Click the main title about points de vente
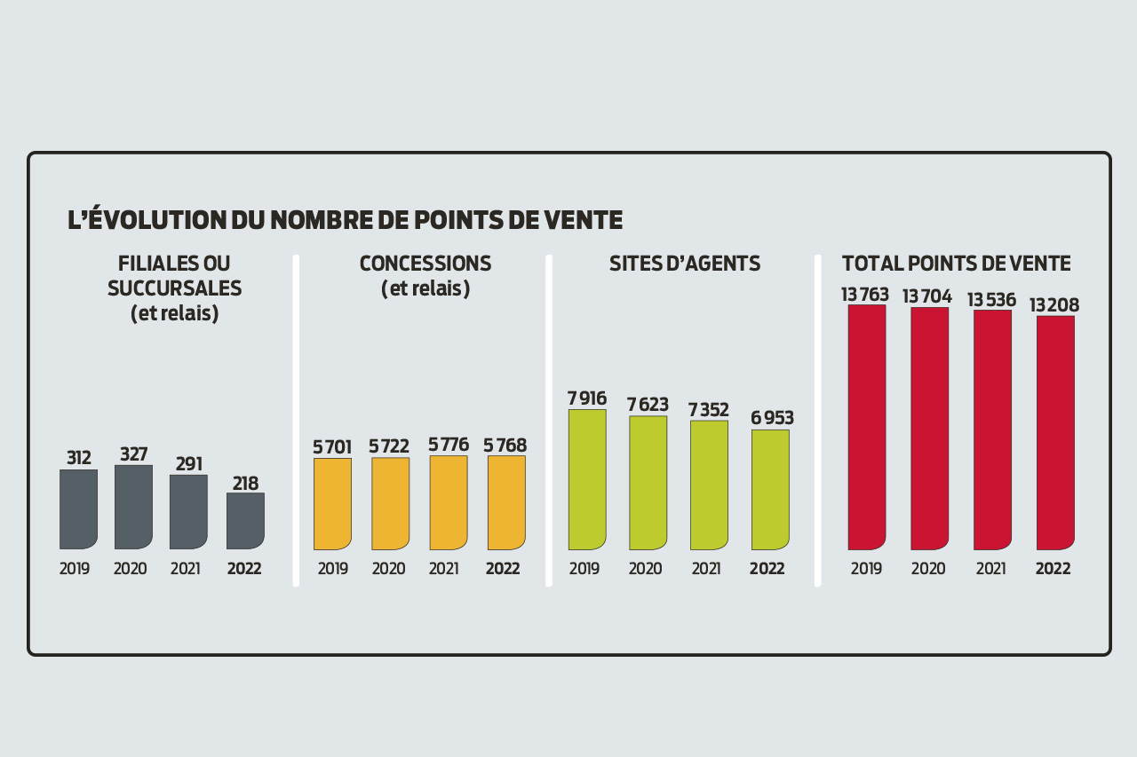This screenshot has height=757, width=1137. coord(345,220)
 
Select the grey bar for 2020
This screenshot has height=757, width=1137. coord(133,507)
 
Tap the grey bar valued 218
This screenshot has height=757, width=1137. coord(245,521)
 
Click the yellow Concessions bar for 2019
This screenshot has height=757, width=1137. coord(332,503)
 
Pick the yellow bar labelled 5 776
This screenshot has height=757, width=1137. coord(449,502)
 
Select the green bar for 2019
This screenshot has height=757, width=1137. coord(587,479)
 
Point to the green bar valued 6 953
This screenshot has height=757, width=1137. coord(770,489)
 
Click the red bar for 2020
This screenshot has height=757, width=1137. coord(929,429)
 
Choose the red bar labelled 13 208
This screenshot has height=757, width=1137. coord(1055,432)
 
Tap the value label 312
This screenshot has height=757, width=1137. coord(79,458)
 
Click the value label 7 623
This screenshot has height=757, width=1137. coord(648,405)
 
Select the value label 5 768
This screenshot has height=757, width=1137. coord(505,446)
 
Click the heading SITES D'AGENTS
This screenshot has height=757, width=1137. coord(685,264)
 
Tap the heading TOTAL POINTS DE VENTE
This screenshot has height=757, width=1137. coord(956,264)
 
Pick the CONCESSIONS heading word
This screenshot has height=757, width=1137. coord(425,264)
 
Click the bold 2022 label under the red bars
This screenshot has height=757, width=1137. coord(1053,569)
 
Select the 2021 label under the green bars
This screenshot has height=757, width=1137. coord(706,569)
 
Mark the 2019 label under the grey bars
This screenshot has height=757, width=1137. coord(75,569)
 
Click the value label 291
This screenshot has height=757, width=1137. coord(188,463)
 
